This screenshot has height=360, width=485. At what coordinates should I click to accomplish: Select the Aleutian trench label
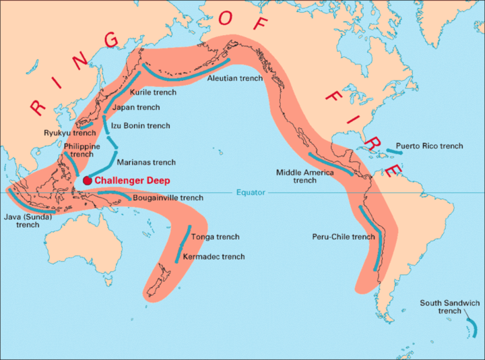click(x=235, y=79)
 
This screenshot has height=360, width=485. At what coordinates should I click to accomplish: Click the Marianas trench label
click(x=146, y=162)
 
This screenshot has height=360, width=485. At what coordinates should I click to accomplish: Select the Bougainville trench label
click(x=168, y=198)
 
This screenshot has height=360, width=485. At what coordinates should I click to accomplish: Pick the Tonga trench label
click(x=215, y=237)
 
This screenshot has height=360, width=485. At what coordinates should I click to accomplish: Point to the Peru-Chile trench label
click(x=344, y=237)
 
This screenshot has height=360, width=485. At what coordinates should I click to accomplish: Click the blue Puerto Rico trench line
click(x=394, y=152)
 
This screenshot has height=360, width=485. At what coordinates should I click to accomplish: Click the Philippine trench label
click(x=82, y=150)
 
